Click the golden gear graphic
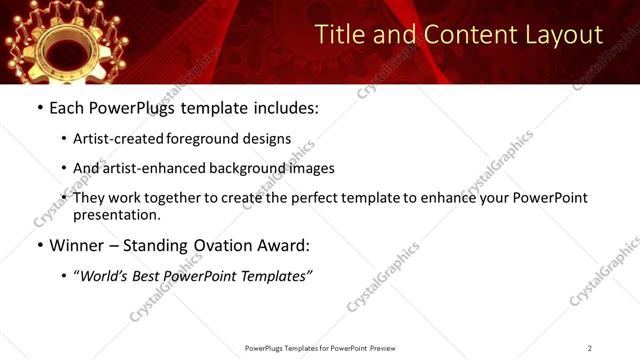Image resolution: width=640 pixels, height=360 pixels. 50,40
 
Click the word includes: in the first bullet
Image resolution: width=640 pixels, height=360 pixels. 283,106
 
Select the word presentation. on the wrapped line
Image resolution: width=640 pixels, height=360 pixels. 116,215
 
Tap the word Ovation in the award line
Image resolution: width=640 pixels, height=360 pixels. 222,245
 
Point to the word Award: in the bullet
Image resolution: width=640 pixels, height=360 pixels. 285,245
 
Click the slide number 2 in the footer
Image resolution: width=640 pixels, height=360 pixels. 590,348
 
